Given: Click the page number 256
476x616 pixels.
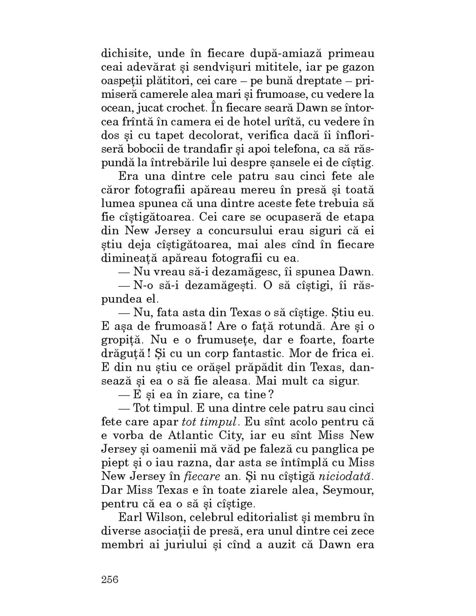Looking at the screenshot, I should click(109, 580).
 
